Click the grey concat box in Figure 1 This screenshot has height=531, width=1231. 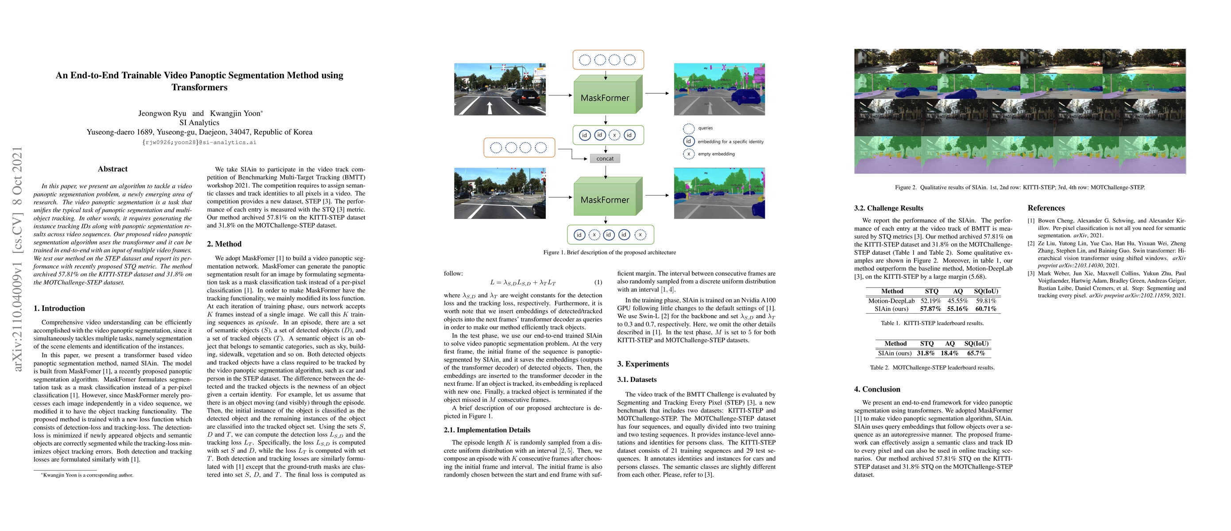click(605, 158)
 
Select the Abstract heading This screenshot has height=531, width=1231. click(112, 169)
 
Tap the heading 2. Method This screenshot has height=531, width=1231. click(224, 244)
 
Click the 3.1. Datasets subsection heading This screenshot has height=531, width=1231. click(637, 380)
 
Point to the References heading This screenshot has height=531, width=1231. click(1046, 208)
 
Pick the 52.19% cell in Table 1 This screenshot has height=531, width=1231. click(931, 301)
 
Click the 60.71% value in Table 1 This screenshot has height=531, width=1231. click(986, 309)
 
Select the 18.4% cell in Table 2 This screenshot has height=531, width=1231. click(949, 354)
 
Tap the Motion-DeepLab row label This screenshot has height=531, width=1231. click(891, 301)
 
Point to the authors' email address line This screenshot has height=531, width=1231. click(199, 142)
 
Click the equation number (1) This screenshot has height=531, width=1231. click(598, 282)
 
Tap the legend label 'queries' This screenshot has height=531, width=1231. click(705, 128)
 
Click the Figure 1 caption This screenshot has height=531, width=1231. click(609, 252)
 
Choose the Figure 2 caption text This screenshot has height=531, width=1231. click(1020, 187)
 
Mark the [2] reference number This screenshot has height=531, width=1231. click(1031, 243)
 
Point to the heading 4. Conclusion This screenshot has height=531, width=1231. click(877, 389)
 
